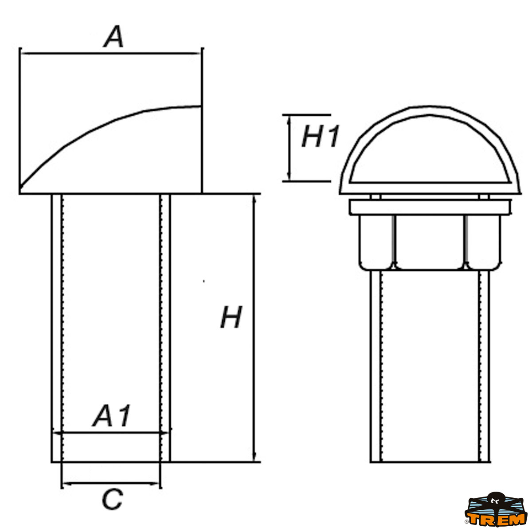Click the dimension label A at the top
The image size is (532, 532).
114,37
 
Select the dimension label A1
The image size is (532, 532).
112,416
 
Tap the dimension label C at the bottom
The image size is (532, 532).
112,500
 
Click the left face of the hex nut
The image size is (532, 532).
376,242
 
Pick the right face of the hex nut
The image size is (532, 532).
482,242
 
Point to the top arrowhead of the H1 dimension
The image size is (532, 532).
289,118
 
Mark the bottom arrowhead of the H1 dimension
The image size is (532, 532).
289,177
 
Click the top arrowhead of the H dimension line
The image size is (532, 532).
254,198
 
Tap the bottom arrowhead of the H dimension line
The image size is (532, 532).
254,458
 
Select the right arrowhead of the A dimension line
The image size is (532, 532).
198,54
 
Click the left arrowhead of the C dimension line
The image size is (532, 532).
65,483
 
